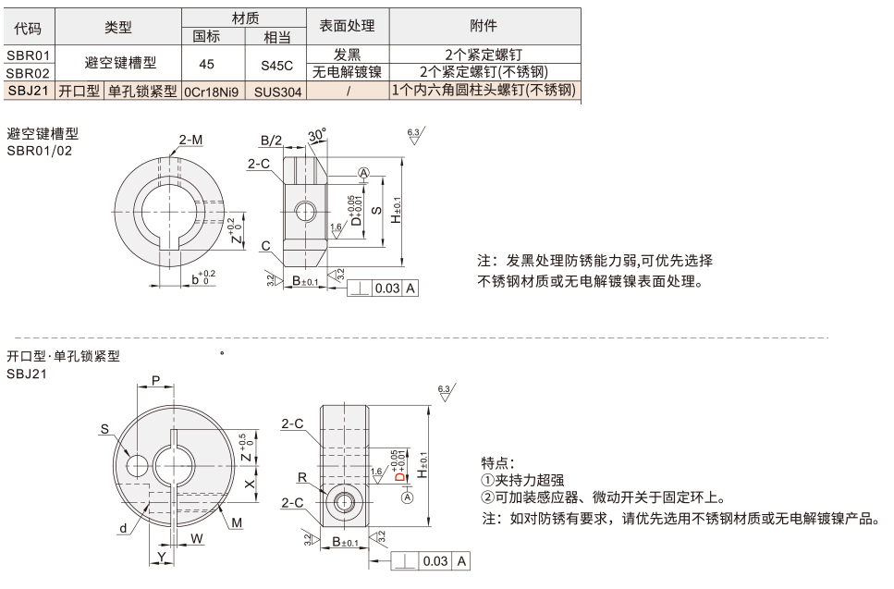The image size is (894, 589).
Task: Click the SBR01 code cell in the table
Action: click(28, 55)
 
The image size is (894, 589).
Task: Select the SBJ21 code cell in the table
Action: click(28, 91)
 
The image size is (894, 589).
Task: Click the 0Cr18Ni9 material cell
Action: click(212, 91)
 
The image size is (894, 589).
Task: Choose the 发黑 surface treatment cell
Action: click(349, 55)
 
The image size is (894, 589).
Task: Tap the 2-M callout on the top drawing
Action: click(191, 140)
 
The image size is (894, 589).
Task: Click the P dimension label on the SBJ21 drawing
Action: click(155, 380)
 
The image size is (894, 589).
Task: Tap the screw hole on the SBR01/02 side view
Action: click(305, 212)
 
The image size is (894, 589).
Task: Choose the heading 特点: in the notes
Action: click(499, 462)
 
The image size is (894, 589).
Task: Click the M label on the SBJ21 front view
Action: click(237, 522)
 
